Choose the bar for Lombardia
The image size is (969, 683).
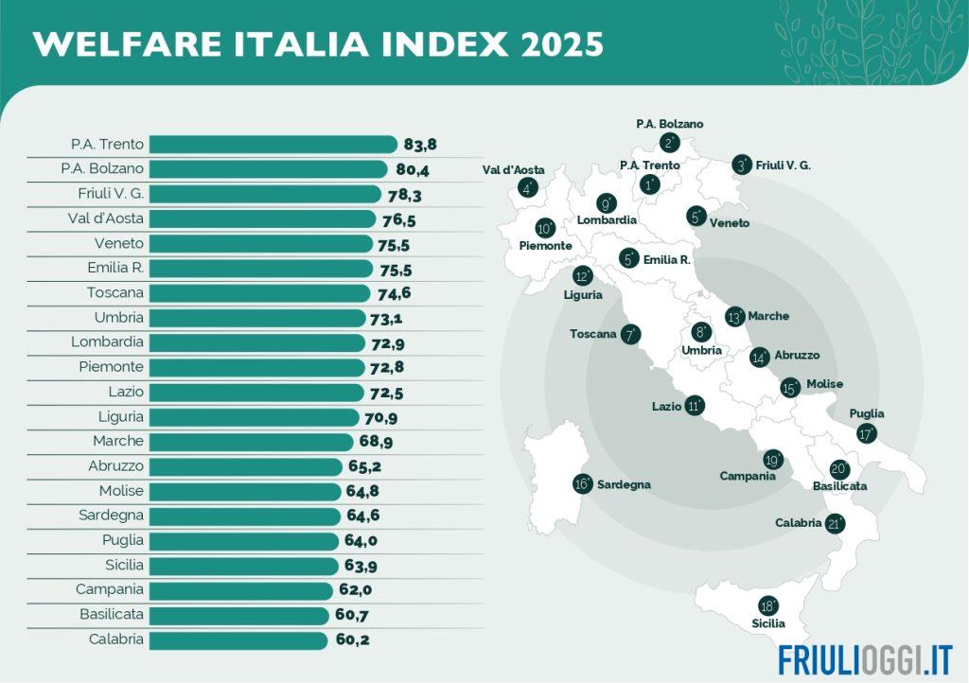click(x=256, y=342)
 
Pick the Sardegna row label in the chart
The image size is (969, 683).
click(x=111, y=516)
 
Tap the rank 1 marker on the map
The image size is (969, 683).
click(x=650, y=184)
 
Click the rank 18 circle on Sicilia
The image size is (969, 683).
click(x=768, y=606)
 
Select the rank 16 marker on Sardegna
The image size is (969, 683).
click(x=583, y=483)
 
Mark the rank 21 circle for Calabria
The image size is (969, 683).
click(x=835, y=523)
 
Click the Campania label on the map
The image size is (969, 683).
click(x=748, y=476)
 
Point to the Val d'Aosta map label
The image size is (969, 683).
click(x=514, y=170)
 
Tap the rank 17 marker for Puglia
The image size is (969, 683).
click(x=867, y=434)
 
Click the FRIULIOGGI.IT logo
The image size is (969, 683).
click(x=865, y=659)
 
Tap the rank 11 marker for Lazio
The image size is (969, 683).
click(x=695, y=406)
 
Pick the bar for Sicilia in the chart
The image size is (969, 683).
click(x=243, y=566)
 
